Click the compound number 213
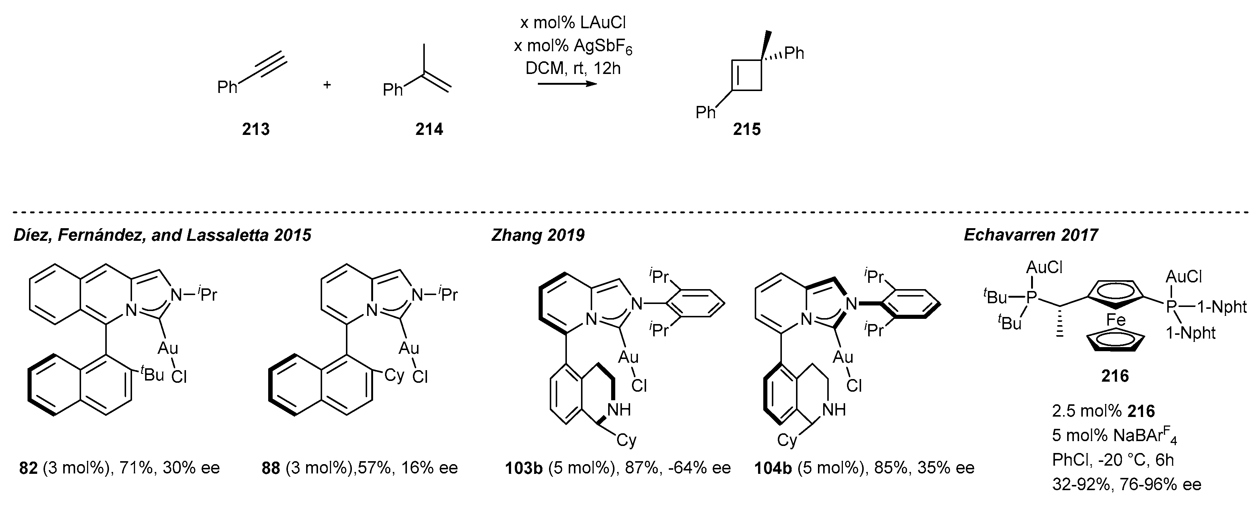tap(256, 129)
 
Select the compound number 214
tap(429, 129)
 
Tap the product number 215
tap(747, 129)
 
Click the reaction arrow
tap(567, 84)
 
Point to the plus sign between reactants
tap(327, 85)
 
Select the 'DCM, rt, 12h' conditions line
tap(573, 68)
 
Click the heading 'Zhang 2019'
tap(537, 235)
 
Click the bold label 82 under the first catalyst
tap(28, 468)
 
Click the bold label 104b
tap(774, 468)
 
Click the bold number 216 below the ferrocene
tap(1115, 376)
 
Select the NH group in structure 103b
tap(619, 410)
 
